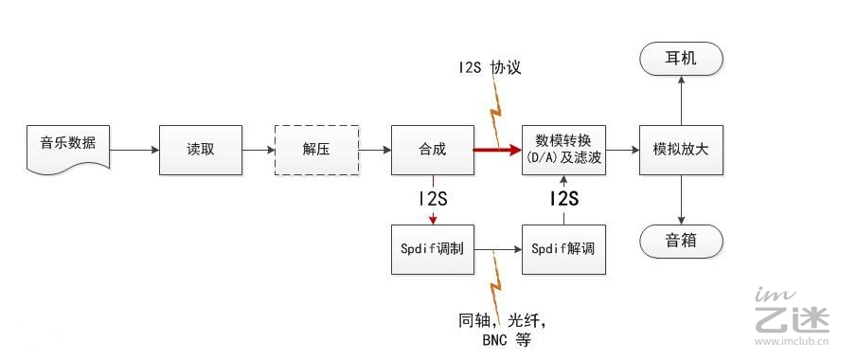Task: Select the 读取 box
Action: (200, 149)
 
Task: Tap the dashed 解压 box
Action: (316, 149)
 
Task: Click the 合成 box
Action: (432, 149)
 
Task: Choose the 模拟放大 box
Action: (681, 149)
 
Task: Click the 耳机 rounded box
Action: (681, 60)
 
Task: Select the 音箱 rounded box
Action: (681, 241)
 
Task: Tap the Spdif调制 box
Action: (432, 249)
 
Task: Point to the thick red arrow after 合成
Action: (497, 149)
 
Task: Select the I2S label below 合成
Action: (433, 199)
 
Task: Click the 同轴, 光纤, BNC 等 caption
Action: (501, 330)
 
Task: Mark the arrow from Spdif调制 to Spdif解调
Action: (498, 250)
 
